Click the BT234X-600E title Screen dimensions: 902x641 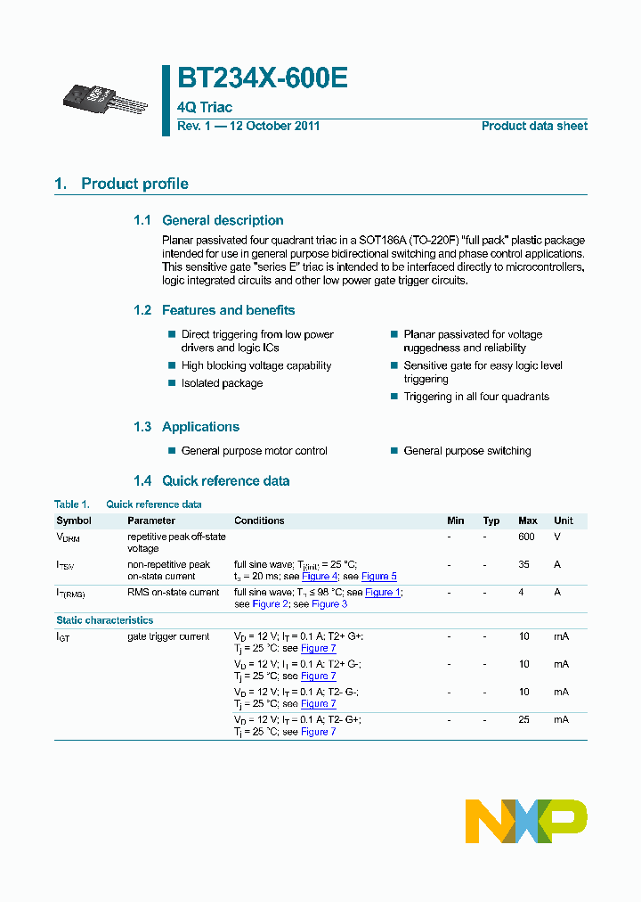click(x=263, y=78)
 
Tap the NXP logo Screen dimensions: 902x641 click(x=526, y=821)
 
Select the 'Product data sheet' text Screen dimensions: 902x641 click(x=534, y=126)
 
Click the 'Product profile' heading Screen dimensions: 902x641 click(x=134, y=184)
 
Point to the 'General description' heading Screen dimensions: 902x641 click(x=223, y=220)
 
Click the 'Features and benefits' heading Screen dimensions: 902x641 click(x=228, y=310)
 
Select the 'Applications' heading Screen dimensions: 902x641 click(x=200, y=427)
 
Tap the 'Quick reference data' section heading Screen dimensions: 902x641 click(x=225, y=480)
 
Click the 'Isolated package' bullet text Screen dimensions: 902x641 click(x=222, y=383)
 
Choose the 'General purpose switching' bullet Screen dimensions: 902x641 click(x=467, y=451)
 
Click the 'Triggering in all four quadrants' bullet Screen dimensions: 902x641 click(x=476, y=397)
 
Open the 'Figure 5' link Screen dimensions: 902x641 click(x=379, y=577)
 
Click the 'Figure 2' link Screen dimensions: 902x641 click(x=271, y=604)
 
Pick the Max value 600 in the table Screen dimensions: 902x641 click(x=526, y=537)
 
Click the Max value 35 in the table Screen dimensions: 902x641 click(x=524, y=564)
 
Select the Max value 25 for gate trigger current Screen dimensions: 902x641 click(x=524, y=719)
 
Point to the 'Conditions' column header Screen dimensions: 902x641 click(x=259, y=521)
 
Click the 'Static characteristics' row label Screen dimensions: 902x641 click(x=104, y=620)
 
